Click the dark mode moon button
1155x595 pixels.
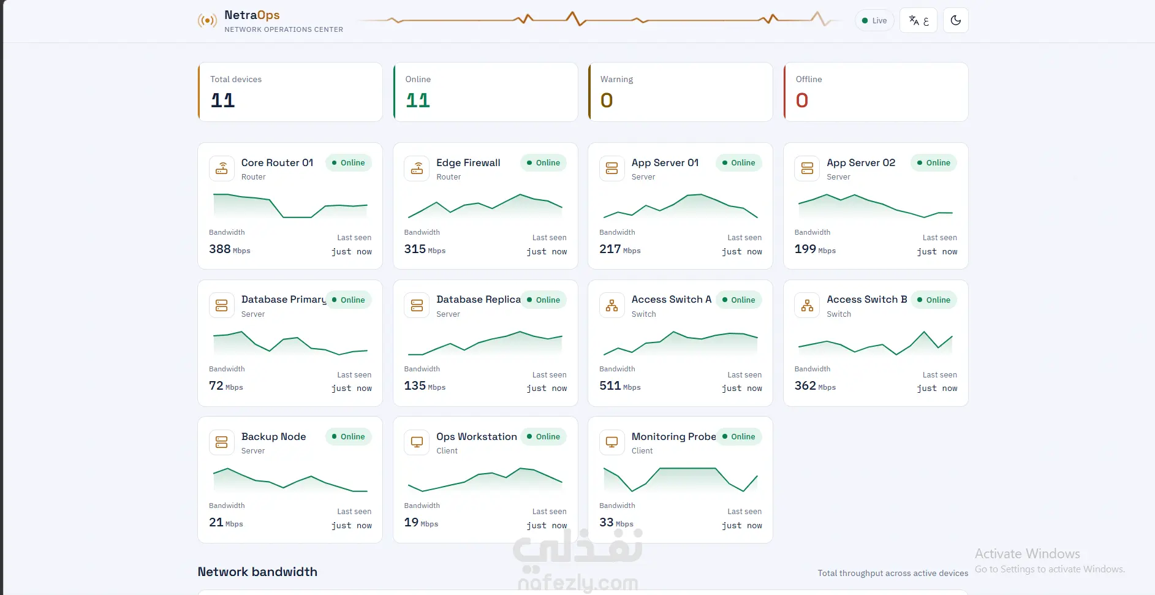pos(956,20)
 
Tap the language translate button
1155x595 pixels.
pos(918,20)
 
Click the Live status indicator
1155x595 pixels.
pos(874,20)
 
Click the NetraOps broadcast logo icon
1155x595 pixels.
pos(207,21)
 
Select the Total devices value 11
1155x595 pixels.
pos(222,100)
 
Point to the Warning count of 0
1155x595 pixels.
pos(607,100)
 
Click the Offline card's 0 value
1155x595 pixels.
pos(802,100)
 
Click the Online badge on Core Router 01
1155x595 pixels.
pos(348,163)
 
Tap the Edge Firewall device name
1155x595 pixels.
pos(468,162)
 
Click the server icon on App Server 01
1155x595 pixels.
pos(612,169)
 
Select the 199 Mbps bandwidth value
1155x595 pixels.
pos(815,249)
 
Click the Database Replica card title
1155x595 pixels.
pos(479,299)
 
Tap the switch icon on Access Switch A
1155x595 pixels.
pos(612,305)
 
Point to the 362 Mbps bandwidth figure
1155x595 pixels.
pos(815,386)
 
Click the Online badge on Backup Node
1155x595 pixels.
pos(348,437)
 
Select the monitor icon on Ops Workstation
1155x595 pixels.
pos(417,442)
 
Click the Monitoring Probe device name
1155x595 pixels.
pos(674,436)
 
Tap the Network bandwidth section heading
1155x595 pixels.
pos(257,572)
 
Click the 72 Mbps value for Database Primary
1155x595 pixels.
pos(226,386)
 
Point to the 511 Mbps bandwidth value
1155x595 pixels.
pos(620,386)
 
